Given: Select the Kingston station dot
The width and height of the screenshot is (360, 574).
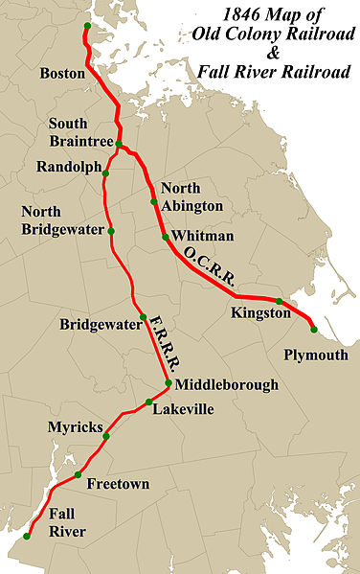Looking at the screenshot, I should coord(279,302).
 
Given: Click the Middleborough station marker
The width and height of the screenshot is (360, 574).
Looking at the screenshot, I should coord(169,384).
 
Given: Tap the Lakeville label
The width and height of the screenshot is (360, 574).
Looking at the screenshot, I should coord(184,410).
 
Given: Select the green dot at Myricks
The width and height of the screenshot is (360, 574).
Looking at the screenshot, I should coord(106,436).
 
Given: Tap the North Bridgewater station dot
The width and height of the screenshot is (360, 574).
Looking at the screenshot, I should coord(111,231).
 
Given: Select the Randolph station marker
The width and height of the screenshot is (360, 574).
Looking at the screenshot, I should coord(106,174).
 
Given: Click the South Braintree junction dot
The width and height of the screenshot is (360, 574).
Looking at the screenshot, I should coord(120,145).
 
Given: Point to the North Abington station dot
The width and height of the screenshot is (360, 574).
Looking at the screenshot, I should coord(153,202).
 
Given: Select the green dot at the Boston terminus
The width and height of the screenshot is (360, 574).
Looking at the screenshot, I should coord(87,26).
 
